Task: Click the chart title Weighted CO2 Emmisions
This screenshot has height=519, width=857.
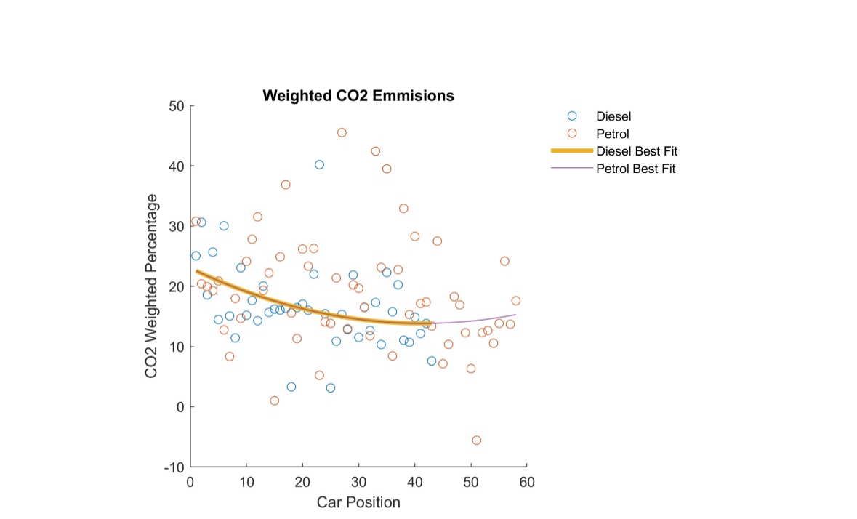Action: point(358,96)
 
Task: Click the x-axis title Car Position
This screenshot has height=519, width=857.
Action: point(358,502)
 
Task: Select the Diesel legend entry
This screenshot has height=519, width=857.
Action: point(613,116)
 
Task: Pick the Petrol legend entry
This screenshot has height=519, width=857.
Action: point(612,134)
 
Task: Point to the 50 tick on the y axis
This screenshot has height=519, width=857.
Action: point(177,106)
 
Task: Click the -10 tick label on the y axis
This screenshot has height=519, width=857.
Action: point(174,467)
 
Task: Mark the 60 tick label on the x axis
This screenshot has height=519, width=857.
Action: point(527,482)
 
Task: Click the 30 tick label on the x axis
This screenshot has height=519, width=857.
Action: point(358,482)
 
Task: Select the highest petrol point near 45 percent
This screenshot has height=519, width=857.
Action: point(342,132)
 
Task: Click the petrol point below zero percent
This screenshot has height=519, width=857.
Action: point(476,440)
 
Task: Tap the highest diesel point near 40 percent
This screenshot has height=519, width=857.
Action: point(319,164)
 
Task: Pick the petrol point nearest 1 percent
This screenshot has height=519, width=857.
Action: point(274,401)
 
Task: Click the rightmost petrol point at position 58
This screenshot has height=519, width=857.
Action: point(515,301)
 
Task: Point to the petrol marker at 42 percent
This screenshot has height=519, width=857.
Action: point(375,151)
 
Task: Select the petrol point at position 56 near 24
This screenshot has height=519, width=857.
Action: point(504,261)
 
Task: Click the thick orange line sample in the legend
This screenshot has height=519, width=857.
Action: point(571,151)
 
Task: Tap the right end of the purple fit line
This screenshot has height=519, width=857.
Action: point(515,315)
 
